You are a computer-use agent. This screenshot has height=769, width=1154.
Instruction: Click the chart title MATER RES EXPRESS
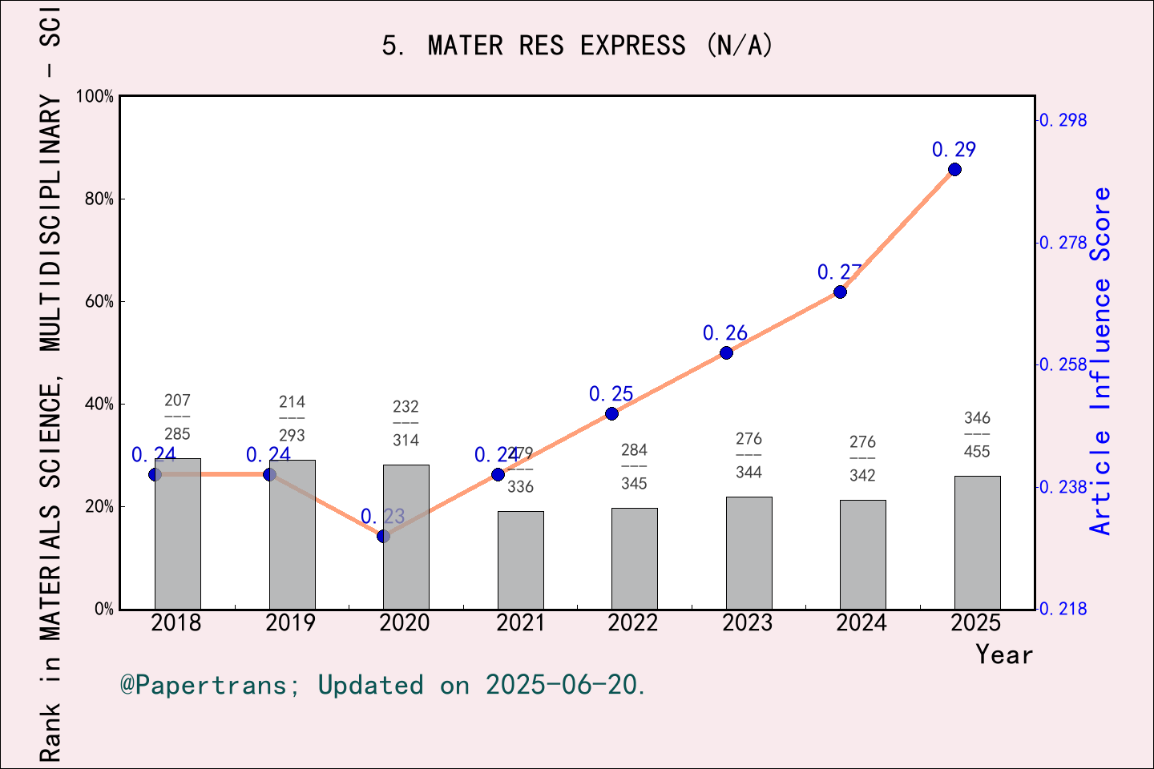click(577, 46)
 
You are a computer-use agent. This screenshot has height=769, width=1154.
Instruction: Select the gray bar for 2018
click(177, 533)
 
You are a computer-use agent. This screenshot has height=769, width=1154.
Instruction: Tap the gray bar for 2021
click(520, 560)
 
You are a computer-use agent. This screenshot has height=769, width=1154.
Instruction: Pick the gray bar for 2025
click(977, 542)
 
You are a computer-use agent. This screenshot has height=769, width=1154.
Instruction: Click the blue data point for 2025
click(954, 169)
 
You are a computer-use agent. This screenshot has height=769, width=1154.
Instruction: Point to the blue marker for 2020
click(383, 536)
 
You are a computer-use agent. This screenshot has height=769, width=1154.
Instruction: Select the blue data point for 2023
click(726, 352)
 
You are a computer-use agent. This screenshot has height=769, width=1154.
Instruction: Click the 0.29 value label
click(954, 150)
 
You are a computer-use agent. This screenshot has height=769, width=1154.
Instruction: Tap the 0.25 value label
click(611, 394)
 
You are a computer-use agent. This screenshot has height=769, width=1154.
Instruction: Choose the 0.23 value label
click(382, 517)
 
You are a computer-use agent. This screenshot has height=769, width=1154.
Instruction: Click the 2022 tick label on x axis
click(632, 623)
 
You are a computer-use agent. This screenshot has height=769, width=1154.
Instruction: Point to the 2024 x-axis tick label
click(861, 623)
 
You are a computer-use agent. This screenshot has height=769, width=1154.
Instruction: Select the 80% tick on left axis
click(99, 199)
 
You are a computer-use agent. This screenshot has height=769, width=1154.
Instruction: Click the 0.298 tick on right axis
click(1063, 120)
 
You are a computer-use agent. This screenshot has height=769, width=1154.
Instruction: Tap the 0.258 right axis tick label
click(1063, 364)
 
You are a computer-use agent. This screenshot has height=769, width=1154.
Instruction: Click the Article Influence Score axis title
click(1101, 360)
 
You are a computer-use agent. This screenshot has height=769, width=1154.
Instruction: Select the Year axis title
click(1003, 654)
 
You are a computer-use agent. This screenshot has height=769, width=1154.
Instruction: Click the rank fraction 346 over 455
click(977, 434)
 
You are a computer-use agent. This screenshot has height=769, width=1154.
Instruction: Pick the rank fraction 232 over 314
click(406, 423)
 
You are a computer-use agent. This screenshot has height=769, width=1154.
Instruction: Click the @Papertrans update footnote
click(383, 685)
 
